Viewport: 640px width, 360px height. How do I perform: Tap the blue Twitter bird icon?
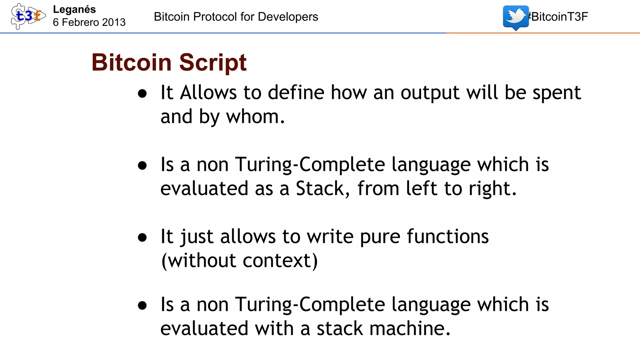point(516,17)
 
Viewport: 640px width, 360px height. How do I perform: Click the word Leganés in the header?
point(74,9)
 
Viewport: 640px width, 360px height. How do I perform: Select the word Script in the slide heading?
point(213,62)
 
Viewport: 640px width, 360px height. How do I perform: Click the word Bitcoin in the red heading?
point(132,62)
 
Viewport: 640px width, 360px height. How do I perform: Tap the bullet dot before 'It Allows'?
point(142,93)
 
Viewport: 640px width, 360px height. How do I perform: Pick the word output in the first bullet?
point(430,93)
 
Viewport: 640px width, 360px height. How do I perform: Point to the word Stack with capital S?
point(320,188)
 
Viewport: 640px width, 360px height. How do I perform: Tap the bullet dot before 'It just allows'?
point(142,237)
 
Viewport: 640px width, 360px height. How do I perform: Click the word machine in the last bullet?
point(406,328)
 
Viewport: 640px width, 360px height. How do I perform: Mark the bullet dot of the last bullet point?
point(142,305)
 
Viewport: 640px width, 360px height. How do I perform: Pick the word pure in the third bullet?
point(380,237)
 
